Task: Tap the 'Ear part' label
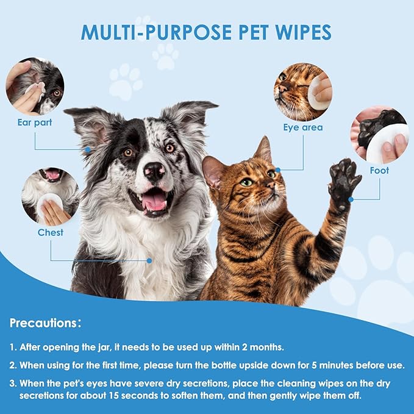click(35, 122)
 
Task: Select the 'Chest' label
click(50, 232)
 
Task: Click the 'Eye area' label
click(302, 127)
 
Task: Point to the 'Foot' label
click(379, 171)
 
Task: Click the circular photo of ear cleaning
click(35, 86)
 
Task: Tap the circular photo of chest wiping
click(50, 196)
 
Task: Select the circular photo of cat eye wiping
click(303, 91)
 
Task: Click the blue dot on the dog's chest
click(149, 260)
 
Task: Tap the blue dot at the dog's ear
click(88, 149)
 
